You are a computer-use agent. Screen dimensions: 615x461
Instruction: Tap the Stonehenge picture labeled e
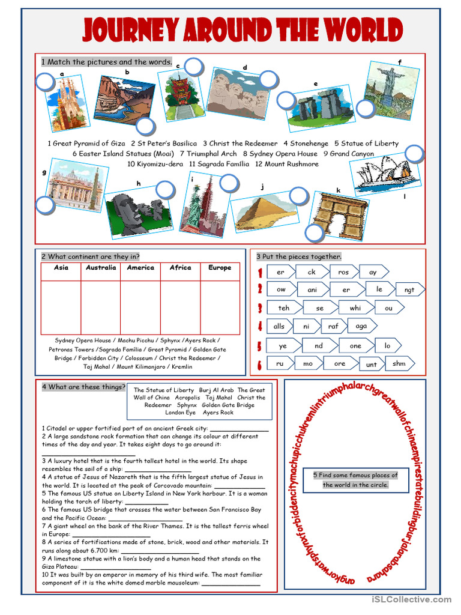(x=319, y=107)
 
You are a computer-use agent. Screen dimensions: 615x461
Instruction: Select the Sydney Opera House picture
(x=384, y=174)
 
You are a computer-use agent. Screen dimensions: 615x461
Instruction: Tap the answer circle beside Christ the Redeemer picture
(x=365, y=109)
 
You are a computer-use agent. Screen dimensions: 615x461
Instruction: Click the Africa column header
(x=180, y=268)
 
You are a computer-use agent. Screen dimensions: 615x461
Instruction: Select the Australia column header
(x=101, y=268)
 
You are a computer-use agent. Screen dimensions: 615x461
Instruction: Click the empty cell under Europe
(x=220, y=306)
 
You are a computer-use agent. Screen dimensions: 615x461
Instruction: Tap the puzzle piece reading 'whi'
(x=355, y=308)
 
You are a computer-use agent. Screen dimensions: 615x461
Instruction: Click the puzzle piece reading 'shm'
(x=399, y=363)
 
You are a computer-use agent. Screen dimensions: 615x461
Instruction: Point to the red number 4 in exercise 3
(x=259, y=327)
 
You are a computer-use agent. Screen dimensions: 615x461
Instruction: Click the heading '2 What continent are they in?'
(x=91, y=256)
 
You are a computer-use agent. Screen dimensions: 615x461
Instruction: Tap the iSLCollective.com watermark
(x=411, y=599)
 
